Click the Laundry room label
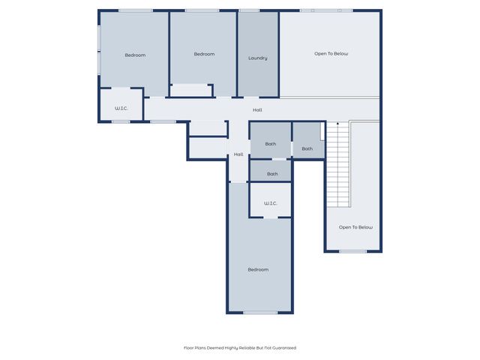click(258, 58)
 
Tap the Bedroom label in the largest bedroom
click(258, 269)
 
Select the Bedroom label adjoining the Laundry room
click(204, 54)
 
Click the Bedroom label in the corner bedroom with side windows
click(135, 55)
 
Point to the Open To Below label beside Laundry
click(331, 54)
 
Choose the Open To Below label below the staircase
click(355, 227)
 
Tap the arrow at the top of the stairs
click(338, 124)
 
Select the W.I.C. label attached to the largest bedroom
click(271, 203)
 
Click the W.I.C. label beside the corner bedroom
click(121, 109)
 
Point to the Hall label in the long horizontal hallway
click(257, 110)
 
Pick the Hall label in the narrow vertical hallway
click(238, 154)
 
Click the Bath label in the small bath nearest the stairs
click(307, 148)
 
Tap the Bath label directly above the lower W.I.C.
click(272, 174)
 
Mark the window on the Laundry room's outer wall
click(249, 10)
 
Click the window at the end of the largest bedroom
click(260, 312)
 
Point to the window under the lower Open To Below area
click(352, 251)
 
